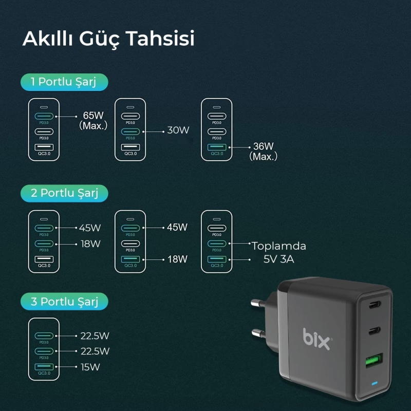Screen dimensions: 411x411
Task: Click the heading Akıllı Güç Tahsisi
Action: pos(108,39)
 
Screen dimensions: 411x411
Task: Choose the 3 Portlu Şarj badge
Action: pos(64,302)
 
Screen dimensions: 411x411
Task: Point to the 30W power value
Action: pos(178,130)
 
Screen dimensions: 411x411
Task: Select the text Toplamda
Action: pos(278,246)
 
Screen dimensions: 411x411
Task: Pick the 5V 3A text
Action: pos(279,259)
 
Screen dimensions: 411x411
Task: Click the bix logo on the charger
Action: pos(316,340)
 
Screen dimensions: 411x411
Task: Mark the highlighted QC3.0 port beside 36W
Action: pos(217,147)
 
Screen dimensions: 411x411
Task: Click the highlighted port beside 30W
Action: pos(130,132)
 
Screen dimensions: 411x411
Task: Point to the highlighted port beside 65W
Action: pos(43,117)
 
